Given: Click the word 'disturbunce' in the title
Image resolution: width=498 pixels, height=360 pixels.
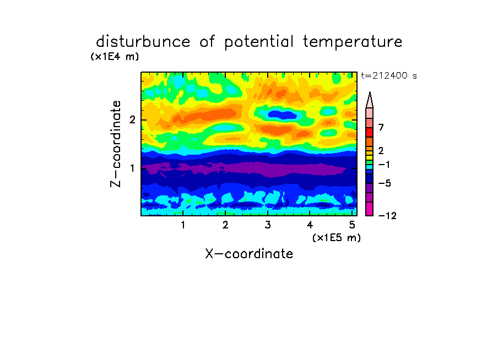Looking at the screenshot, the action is [x=143, y=42].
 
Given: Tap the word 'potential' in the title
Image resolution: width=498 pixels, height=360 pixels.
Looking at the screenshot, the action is [x=259, y=42].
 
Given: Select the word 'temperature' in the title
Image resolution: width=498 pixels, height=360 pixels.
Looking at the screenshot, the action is [x=353, y=42].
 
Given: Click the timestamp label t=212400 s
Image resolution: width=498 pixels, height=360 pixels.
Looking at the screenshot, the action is [x=389, y=76].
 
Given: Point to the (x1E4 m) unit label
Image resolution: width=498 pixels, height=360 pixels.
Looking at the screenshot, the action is [x=115, y=57].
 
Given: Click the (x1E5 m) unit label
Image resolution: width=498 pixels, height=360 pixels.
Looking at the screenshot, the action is [x=337, y=238].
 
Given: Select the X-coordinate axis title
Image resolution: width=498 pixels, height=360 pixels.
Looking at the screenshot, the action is [x=249, y=254].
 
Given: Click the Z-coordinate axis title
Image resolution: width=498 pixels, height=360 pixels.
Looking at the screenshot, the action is [x=116, y=144].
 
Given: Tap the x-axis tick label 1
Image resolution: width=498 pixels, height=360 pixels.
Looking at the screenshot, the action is [x=183, y=225].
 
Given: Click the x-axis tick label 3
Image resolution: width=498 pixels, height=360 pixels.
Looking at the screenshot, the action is [x=268, y=225].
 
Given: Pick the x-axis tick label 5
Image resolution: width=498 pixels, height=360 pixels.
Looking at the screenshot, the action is [x=352, y=225].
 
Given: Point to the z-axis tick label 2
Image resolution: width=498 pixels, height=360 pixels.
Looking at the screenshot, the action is [x=132, y=120].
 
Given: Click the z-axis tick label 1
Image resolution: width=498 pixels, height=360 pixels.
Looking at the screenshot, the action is [x=132, y=168].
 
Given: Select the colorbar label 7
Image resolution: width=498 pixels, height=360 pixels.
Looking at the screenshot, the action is [x=381, y=128].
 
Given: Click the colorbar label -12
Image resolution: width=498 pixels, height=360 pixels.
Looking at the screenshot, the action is [x=387, y=216].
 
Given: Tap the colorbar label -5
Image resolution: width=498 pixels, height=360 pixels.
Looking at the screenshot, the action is [x=385, y=183].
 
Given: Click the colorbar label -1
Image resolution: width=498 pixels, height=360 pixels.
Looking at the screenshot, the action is [x=384, y=165].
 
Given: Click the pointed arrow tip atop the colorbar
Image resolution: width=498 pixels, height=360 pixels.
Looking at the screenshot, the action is [x=370, y=92].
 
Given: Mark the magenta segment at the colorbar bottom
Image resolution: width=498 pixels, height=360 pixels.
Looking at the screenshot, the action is [x=370, y=209].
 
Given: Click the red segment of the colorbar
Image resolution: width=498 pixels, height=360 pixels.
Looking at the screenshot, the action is [x=370, y=132].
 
